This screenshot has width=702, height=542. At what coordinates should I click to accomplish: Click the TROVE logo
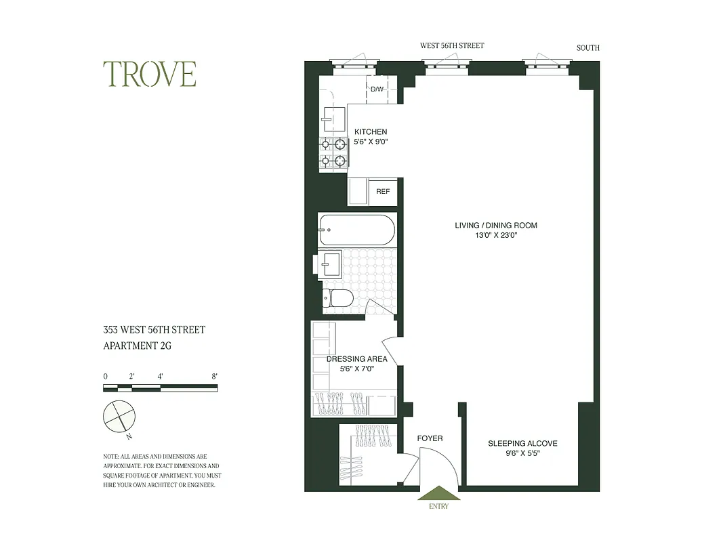(150, 75)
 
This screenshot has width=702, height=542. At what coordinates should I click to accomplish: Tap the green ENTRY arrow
(438, 493)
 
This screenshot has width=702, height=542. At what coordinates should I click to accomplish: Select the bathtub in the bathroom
(356, 230)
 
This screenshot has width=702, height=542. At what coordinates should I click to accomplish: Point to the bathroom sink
(331, 263)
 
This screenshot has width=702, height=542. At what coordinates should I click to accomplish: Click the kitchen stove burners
(333, 152)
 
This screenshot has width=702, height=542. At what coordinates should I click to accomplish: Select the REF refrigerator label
(383, 192)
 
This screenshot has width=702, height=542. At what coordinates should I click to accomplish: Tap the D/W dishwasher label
(377, 89)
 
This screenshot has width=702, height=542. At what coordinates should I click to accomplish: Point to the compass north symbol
(119, 415)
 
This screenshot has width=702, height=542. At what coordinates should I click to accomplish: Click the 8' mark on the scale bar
(214, 376)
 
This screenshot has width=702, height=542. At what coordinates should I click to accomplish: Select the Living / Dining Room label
(495, 226)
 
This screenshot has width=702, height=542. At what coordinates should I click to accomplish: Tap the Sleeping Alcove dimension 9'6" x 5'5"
(522, 453)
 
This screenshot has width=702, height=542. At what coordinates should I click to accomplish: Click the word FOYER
(430, 438)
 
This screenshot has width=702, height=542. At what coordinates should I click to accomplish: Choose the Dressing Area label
(356, 359)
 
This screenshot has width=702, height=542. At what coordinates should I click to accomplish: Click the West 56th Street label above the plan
(452, 46)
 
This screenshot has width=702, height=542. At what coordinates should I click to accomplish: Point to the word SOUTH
(587, 48)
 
